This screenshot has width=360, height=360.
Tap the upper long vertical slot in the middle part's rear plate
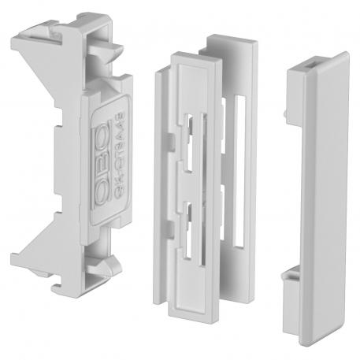(238, 126)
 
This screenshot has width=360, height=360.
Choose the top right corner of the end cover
(347, 54)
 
